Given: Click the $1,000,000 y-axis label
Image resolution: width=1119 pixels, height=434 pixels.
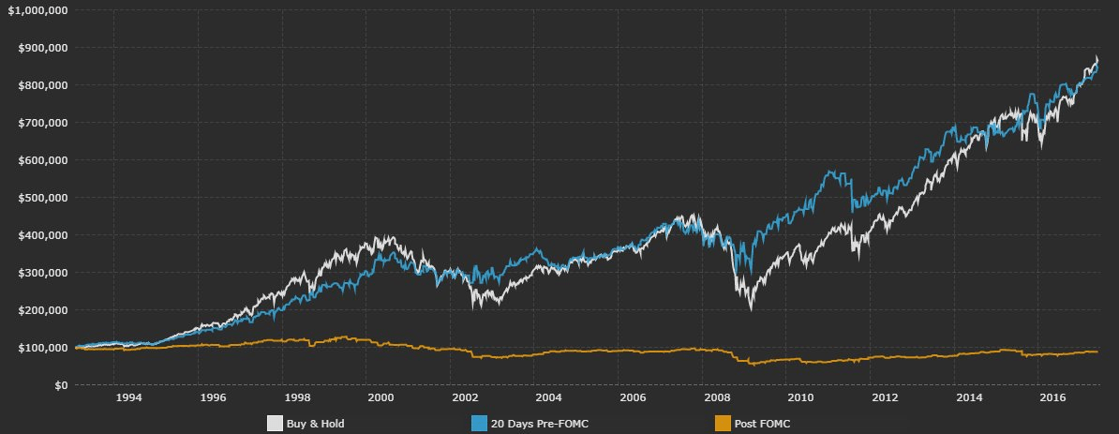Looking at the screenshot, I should click(x=33, y=9).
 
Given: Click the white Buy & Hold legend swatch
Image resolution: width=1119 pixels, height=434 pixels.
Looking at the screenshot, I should click(x=275, y=424).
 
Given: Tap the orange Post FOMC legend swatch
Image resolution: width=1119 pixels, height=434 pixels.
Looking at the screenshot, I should click(x=723, y=424).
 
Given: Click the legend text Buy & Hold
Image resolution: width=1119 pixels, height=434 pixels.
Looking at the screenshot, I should click(x=316, y=425).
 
